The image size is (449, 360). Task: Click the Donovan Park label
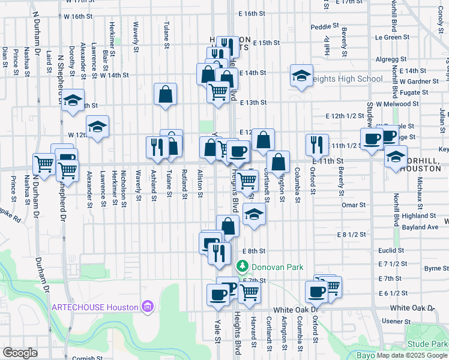pos(277,266)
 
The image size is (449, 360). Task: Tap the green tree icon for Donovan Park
pos(242,266)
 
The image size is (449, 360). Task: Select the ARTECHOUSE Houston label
pos(94,307)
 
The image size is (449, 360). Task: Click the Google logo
pos(20,352)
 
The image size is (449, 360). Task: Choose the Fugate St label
pos(414,92)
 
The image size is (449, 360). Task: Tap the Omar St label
pos(354,205)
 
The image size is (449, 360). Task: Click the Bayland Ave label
pos(421,227)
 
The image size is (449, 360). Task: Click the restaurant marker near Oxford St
pos(317,145)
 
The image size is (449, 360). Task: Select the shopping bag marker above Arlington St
pos(279,161)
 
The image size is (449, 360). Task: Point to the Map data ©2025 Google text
pos(412,355)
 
